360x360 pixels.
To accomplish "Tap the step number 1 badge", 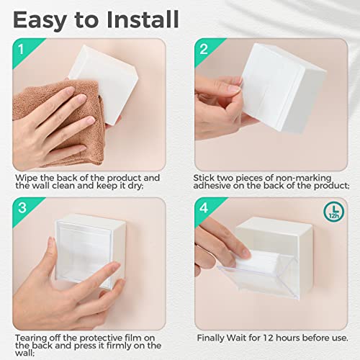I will [x=22, y=50].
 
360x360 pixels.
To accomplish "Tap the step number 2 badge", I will [x=204, y=50].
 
